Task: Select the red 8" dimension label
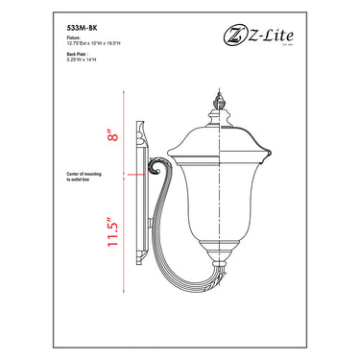click(x=114, y=136)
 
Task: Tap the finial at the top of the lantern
click(x=222, y=98)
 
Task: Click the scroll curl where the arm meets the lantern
click(x=150, y=174)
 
